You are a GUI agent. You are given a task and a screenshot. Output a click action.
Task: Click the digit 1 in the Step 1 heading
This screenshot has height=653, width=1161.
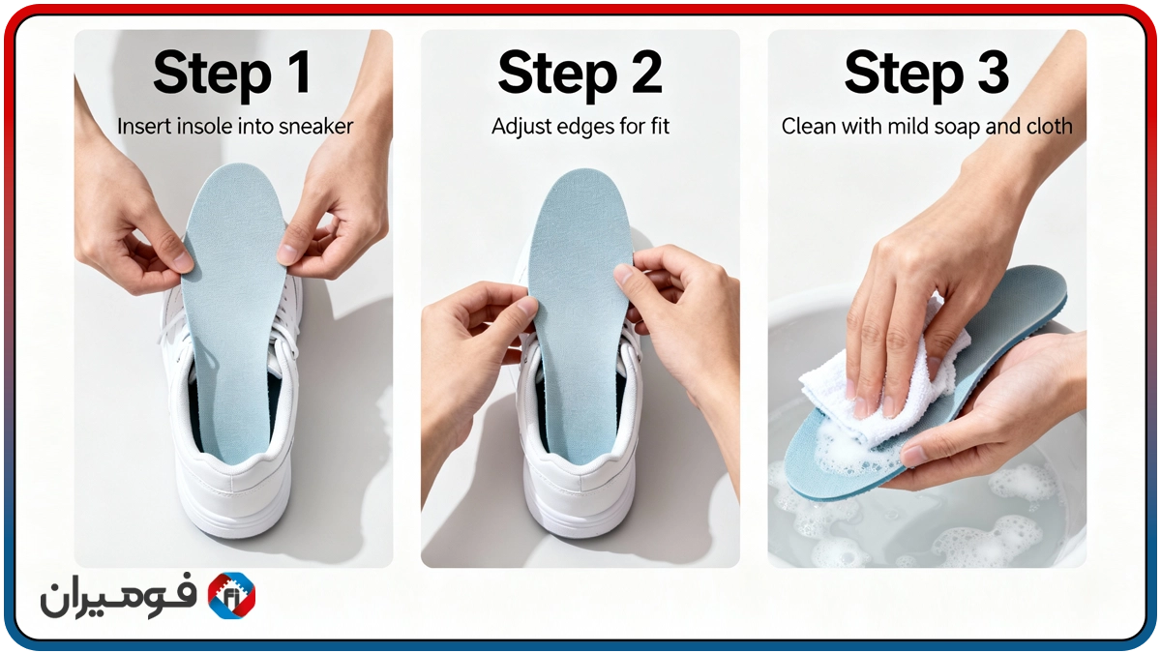(x=298, y=73)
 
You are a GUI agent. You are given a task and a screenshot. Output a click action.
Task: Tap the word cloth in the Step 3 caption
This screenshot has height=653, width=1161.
(x=1049, y=127)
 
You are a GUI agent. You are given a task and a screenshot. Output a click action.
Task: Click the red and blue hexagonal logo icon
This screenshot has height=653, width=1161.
(x=231, y=596)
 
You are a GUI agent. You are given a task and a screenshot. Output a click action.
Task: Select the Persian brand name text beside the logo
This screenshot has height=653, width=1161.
(x=119, y=597)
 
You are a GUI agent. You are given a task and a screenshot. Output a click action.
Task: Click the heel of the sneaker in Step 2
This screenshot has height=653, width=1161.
(x=580, y=497)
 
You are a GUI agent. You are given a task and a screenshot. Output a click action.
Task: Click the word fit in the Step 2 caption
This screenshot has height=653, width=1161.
(x=660, y=127)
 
